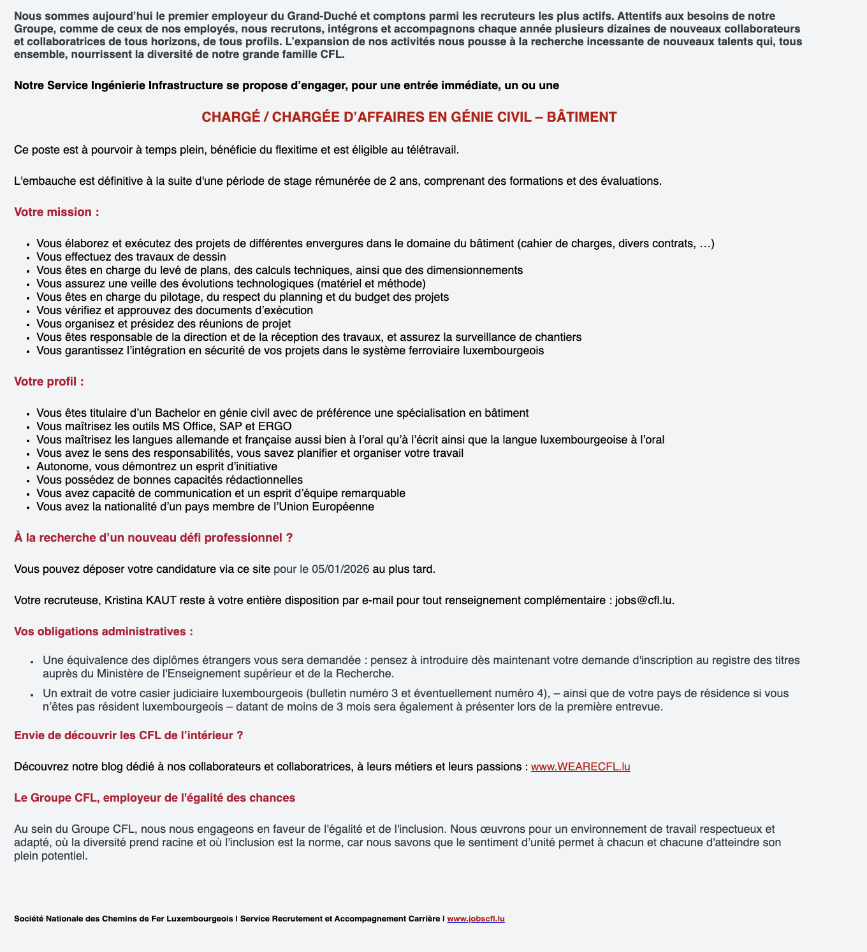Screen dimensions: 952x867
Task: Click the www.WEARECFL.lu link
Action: (580, 767)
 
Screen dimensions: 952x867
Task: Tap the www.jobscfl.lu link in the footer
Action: (476, 919)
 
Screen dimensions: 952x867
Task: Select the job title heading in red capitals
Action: (409, 117)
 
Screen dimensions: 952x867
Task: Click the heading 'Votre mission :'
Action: (57, 212)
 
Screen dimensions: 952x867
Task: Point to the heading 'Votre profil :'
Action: (49, 382)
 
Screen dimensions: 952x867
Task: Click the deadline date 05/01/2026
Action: (340, 569)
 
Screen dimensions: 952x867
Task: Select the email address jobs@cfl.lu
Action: (643, 600)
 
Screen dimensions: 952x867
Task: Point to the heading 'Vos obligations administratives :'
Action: (103, 631)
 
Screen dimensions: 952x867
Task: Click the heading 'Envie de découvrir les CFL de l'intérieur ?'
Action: (129, 735)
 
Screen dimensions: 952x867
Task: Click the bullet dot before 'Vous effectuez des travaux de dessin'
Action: (28, 257)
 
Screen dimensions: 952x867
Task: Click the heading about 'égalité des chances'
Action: (154, 798)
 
